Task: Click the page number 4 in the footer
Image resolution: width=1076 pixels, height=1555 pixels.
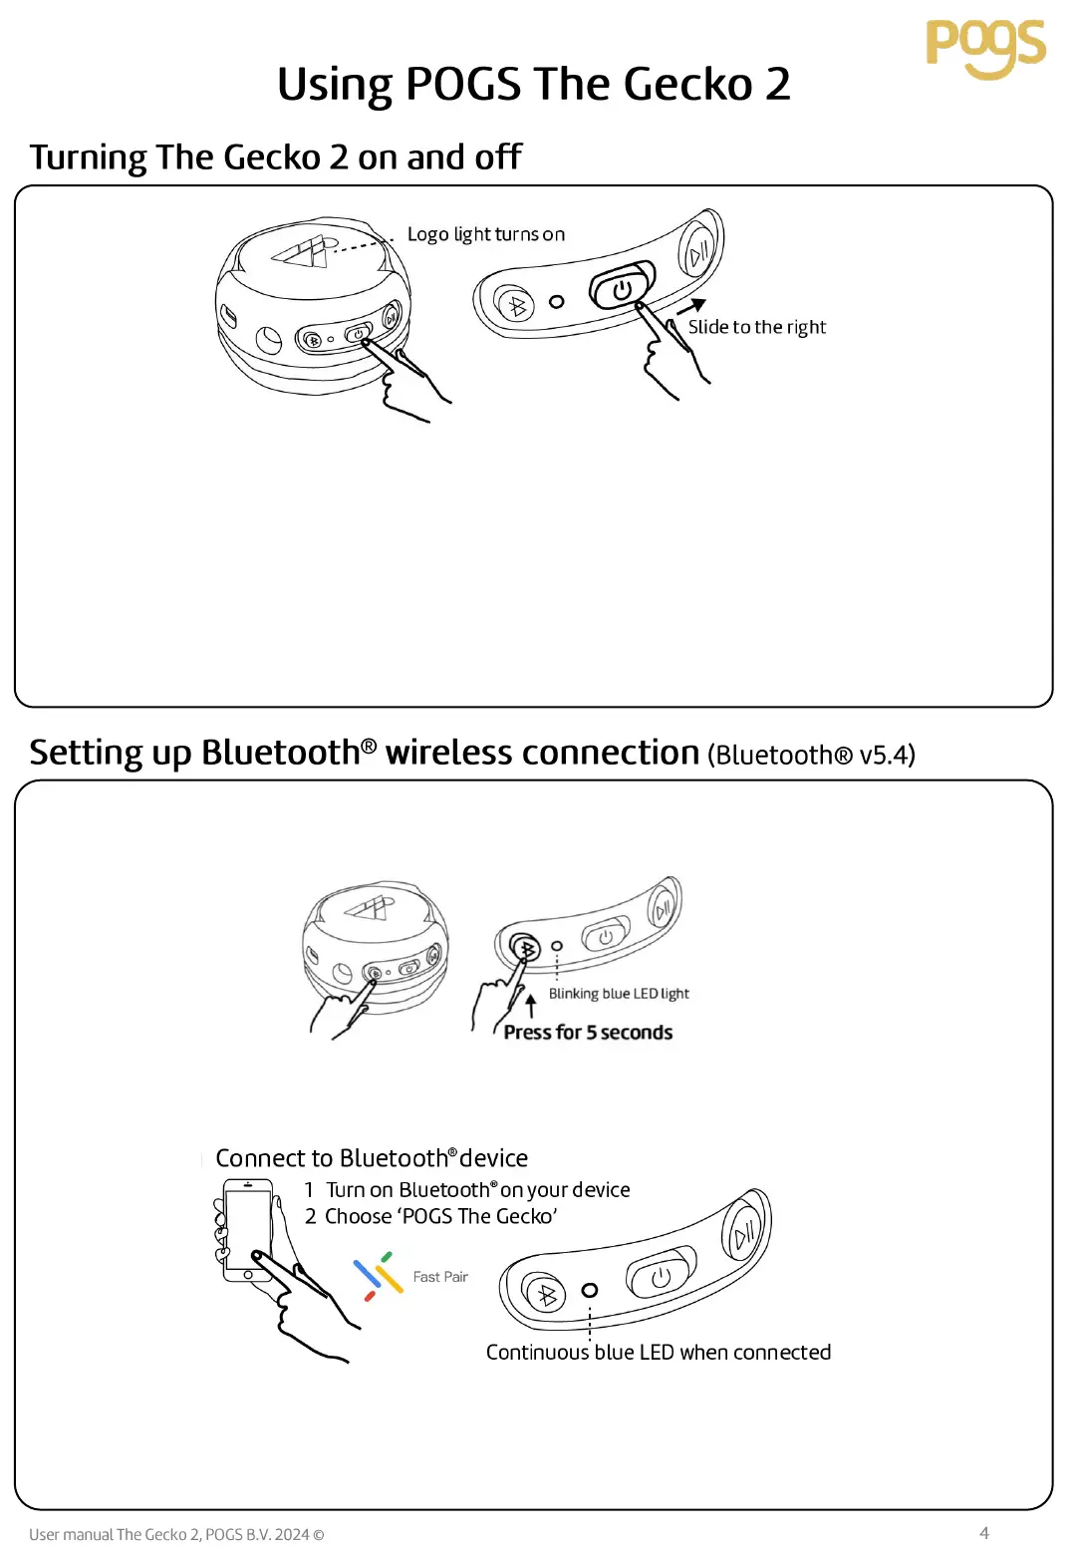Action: (984, 1533)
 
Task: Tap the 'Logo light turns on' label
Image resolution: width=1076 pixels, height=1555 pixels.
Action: (485, 234)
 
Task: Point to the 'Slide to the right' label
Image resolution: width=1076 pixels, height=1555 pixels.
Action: (756, 327)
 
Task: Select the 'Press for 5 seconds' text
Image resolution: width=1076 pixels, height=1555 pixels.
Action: (588, 1033)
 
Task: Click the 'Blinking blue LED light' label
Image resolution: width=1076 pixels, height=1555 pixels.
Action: (619, 994)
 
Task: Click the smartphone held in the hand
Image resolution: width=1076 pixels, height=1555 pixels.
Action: (247, 1230)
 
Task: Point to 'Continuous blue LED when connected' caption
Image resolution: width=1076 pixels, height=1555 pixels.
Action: (658, 1353)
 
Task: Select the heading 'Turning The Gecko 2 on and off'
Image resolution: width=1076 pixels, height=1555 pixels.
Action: (275, 157)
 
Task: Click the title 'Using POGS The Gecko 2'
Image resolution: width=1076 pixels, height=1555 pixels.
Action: (534, 84)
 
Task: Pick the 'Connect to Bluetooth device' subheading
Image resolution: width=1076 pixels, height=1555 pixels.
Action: (372, 1158)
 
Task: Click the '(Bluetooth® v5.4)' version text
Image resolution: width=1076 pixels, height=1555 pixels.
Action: (811, 755)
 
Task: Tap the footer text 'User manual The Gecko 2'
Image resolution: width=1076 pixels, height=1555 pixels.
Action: (176, 1534)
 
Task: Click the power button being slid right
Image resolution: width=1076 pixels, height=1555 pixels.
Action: (622, 289)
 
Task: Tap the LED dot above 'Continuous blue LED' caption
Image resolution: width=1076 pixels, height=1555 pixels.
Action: (590, 1290)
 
